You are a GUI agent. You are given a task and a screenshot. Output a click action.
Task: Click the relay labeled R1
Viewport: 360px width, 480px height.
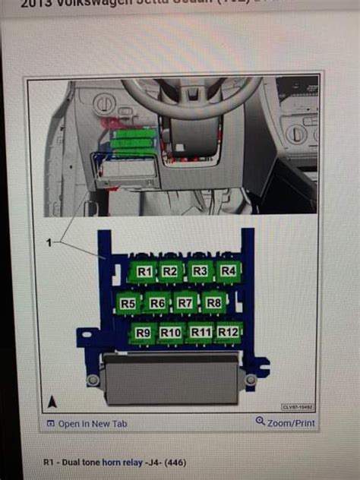(x=144, y=271)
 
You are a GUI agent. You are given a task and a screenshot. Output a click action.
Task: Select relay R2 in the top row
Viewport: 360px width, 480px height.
(x=170, y=271)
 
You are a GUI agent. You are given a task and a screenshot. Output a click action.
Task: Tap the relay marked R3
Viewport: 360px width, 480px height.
(x=200, y=271)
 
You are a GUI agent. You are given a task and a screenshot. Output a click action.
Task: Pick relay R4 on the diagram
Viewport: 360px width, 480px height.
(x=228, y=270)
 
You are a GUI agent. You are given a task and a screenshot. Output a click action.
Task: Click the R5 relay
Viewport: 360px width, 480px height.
(x=128, y=303)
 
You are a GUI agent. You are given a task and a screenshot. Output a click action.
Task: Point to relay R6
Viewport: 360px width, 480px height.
(x=157, y=303)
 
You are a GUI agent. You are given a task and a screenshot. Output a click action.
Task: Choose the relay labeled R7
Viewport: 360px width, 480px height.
(x=185, y=303)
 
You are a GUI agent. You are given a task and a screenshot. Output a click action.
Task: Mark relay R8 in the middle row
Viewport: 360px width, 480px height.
(x=214, y=303)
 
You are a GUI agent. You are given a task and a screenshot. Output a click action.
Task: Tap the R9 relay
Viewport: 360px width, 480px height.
(x=142, y=333)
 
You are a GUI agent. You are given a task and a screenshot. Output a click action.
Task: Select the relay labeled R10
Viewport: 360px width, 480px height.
(x=171, y=333)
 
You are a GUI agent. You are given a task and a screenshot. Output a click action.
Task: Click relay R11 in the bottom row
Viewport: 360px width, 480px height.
(x=201, y=333)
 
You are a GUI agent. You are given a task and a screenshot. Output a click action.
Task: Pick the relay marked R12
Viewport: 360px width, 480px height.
(x=228, y=332)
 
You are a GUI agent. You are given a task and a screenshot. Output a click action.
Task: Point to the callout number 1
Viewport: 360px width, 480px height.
(x=50, y=242)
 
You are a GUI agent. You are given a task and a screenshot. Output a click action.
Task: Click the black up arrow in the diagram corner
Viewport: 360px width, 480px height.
(x=52, y=402)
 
